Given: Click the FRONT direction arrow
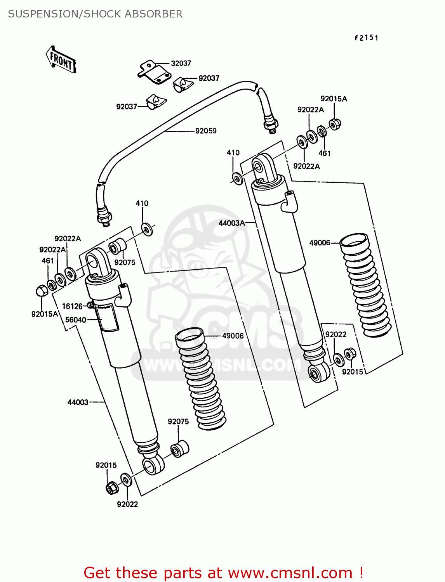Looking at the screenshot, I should (61, 60).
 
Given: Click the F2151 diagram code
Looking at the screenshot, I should (366, 38).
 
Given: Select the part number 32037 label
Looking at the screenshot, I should (181, 63).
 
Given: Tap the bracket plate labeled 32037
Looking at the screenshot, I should (154, 73).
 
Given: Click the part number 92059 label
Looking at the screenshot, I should (206, 131).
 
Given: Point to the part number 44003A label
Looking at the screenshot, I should (231, 223).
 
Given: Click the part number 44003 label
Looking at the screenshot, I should (78, 402).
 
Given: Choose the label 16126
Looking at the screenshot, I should (72, 306).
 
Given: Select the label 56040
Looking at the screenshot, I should (75, 320).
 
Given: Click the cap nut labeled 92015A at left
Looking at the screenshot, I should (42, 290).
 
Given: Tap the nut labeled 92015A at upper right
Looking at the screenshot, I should (335, 124).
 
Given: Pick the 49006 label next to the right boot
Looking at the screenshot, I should (320, 243).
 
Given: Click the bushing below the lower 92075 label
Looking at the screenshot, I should (180, 449).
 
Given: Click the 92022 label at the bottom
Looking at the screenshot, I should (127, 504).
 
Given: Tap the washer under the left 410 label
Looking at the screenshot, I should (147, 229).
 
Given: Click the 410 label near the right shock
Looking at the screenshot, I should (233, 152).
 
